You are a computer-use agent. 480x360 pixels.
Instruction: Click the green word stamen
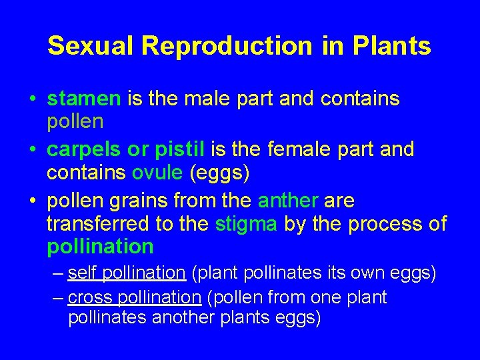83,99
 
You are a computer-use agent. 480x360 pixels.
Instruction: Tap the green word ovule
157,173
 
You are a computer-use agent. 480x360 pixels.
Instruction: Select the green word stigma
246,223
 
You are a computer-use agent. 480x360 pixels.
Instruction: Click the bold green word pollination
100,247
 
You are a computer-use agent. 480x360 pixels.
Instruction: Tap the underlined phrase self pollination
126,273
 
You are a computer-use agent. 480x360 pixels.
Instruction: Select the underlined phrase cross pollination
134,297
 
